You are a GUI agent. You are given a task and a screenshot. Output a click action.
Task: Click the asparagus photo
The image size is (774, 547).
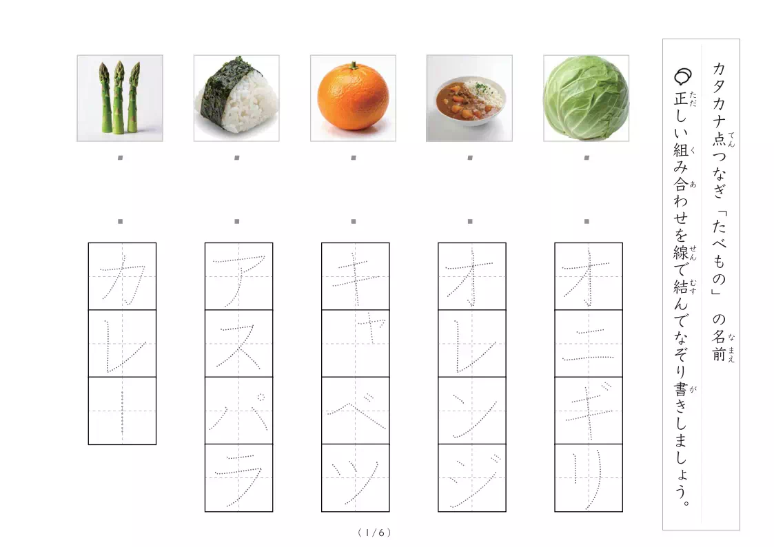coord(120,98)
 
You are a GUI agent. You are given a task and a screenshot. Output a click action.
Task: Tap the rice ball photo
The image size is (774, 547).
coord(236,98)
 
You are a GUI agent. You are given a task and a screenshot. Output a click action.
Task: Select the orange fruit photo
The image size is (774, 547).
coord(353,98)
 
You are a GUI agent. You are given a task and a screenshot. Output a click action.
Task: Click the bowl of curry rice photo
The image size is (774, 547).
coord(469,98)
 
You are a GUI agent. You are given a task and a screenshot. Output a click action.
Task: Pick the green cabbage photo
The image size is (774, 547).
coord(586,98)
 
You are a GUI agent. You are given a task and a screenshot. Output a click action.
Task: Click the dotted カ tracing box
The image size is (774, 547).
coord(122,276)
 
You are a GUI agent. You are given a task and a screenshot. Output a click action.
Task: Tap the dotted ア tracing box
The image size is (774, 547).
coord(239,276)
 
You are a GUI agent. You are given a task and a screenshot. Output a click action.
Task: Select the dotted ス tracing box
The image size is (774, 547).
coord(239,343)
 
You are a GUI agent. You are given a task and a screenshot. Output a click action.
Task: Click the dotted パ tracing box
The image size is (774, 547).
coord(239,411)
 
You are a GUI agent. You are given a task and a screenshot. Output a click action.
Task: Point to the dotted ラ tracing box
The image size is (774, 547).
coord(239,478)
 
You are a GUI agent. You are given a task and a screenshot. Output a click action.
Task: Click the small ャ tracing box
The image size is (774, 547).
coord(356,343)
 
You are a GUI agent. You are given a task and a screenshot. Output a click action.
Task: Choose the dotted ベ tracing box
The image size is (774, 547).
coord(356,411)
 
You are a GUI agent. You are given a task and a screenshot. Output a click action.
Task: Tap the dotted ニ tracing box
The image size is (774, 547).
coord(589,343)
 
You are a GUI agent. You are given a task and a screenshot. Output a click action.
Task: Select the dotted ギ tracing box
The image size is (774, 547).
coord(589,411)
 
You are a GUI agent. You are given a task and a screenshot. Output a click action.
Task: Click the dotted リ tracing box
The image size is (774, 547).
coord(589,478)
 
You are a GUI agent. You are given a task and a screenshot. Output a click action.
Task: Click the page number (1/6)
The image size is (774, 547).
coord(375,533)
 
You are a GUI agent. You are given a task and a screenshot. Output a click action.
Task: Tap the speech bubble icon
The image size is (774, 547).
coord(682,76)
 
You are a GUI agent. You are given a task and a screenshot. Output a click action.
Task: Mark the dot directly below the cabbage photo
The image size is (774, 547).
coord(587,158)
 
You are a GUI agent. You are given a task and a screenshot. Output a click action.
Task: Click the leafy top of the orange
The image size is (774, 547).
coord(354,65)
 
